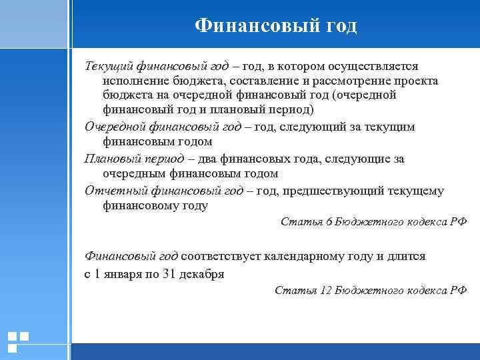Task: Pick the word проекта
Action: click(x=415, y=81)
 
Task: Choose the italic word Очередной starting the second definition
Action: click(x=114, y=127)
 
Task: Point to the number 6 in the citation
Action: click(x=329, y=221)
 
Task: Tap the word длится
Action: click(x=402, y=255)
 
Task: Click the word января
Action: click(x=123, y=273)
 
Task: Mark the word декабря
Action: click(x=202, y=273)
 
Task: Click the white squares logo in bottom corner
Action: click(x=18, y=341)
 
